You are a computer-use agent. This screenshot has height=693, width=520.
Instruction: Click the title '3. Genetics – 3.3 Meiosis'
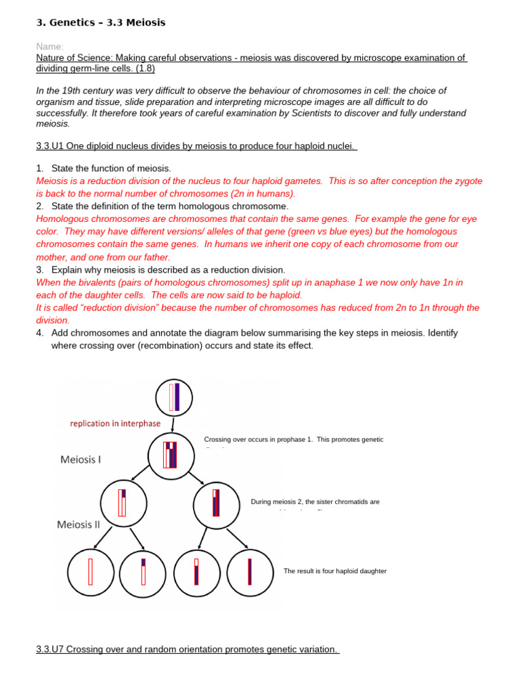pos(100,23)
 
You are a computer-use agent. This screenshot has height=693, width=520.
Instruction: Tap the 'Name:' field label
pos(50,47)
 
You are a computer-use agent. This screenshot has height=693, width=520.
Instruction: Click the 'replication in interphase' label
pos(115,424)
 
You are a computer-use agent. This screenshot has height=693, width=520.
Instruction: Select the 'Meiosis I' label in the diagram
pos(81,460)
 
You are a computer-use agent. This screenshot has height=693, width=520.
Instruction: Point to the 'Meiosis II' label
pos(79,524)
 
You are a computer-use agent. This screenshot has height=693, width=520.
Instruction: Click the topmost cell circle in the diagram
pos(174,397)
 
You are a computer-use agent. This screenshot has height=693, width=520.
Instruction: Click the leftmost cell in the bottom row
pos(91,573)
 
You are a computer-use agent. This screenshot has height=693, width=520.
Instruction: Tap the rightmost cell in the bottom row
pos(250,573)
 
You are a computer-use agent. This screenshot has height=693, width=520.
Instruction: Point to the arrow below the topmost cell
pos(174,424)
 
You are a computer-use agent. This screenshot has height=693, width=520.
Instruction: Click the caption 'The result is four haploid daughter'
pos(334,571)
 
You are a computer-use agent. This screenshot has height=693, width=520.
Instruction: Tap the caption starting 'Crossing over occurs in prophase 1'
pos(293,440)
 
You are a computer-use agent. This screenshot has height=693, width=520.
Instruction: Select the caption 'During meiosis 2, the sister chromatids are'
pos(315,502)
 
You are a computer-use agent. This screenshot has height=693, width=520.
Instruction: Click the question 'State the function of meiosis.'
pos(111,168)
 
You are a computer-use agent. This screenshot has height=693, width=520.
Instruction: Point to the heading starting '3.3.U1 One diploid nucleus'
pos(196,147)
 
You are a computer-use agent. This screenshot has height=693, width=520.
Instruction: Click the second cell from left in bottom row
pos(143,573)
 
